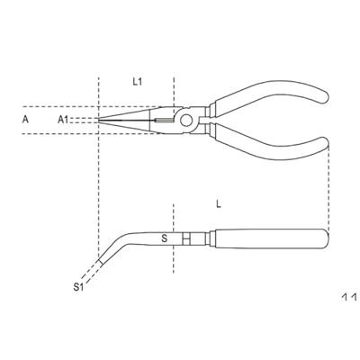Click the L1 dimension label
[x=138, y=82]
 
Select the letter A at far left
[x=25, y=120]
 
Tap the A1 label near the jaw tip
[x=63, y=120]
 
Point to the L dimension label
[x=219, y=204]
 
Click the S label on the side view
[x=164, y=238]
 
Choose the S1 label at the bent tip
[x=78, y=287]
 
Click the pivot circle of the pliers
[x=186, y=121]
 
